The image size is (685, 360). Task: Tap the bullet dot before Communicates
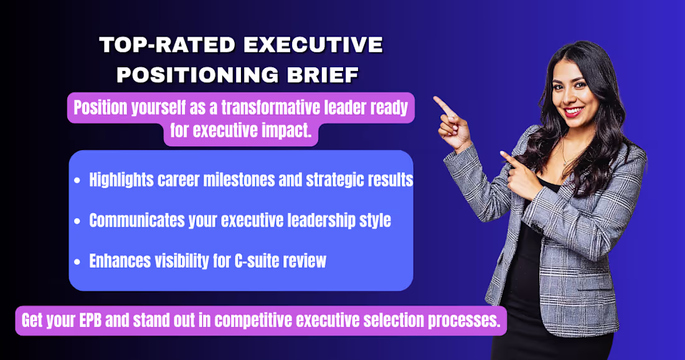(77, 221)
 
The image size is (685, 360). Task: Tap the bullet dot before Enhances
(77, 261)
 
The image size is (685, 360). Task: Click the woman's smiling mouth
(574, 112)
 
